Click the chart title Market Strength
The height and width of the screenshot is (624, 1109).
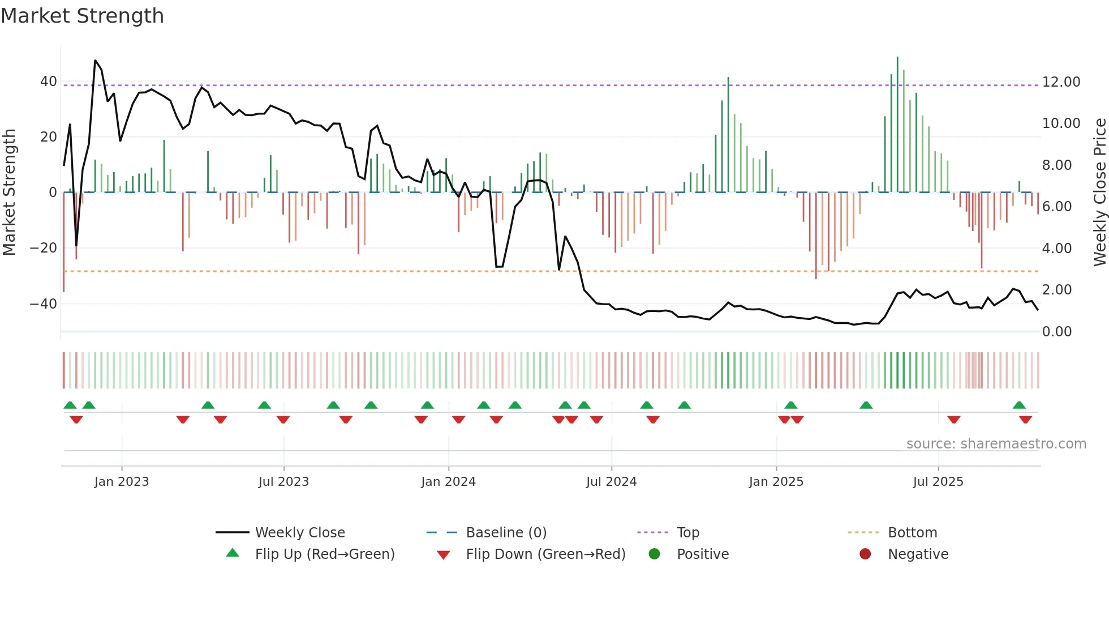pyautogui.click(x=82, y=16)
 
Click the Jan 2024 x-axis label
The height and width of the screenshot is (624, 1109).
pyautogui.click(x=448, y=482)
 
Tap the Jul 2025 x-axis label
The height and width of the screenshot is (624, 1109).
pyautogui.click(x=938, y=482)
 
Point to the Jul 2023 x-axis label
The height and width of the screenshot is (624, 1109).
pyautogui.click(x=283, y=482)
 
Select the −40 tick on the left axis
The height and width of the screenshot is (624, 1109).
pyautogui.click(x=44, y=304)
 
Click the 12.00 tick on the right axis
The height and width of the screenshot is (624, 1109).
pyautogui.click(x=1061, y=82)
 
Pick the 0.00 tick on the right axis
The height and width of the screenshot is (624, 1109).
pyautogui.click(x=1056, y=332)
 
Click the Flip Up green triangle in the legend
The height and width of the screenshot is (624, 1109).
pyautogui.click(x=233, y=553)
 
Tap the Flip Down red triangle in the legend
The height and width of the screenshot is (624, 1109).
pyautogui.click(x=444, y=555)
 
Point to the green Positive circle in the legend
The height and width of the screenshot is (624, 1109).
pyautogui.click(x=654, y=554)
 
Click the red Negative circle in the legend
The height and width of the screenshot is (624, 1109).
pyautogui.click(x=865, y=554)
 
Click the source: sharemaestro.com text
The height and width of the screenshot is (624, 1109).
pyautogui.click(x=996, y=444)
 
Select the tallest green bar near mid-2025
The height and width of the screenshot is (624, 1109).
pyautogui.click(x=897, y=125)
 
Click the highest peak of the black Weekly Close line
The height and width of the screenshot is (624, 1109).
pyautogui.click(x=95, y=60)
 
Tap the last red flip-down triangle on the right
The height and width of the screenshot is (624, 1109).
pyautogui.click(x=1025, y=420)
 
